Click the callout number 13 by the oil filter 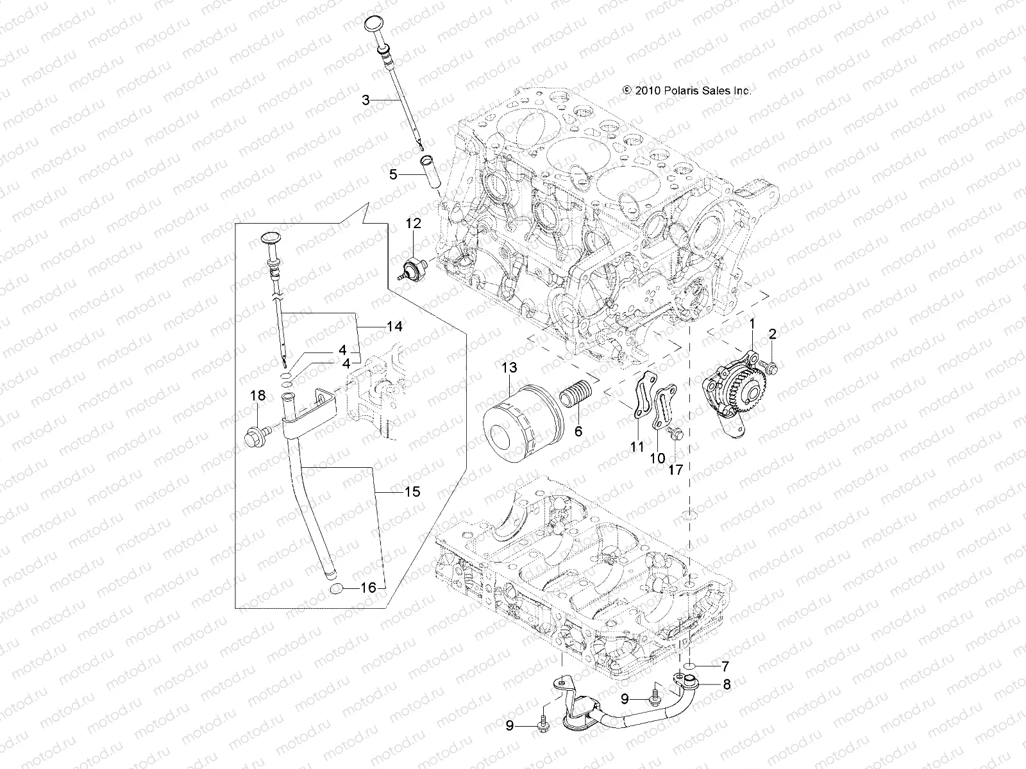point(509,368)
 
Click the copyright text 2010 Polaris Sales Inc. point(687,91)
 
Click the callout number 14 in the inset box point(394,327)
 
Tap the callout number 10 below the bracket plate point(658,459)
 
